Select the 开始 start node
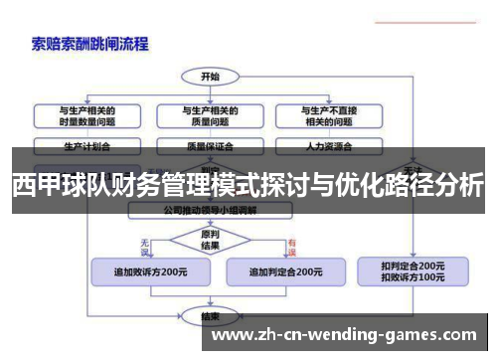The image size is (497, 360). click(x=210, y=76)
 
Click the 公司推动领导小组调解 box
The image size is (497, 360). click(x=210, y=212)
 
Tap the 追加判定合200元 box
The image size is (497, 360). click(x=284, y=270)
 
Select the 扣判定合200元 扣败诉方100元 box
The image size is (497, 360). click(x=413, y=270)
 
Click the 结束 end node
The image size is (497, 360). click(x=210, y=316)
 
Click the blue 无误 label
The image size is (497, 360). click(x=146, y=243)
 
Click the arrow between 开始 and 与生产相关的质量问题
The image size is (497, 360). click(x=210, y=91)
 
